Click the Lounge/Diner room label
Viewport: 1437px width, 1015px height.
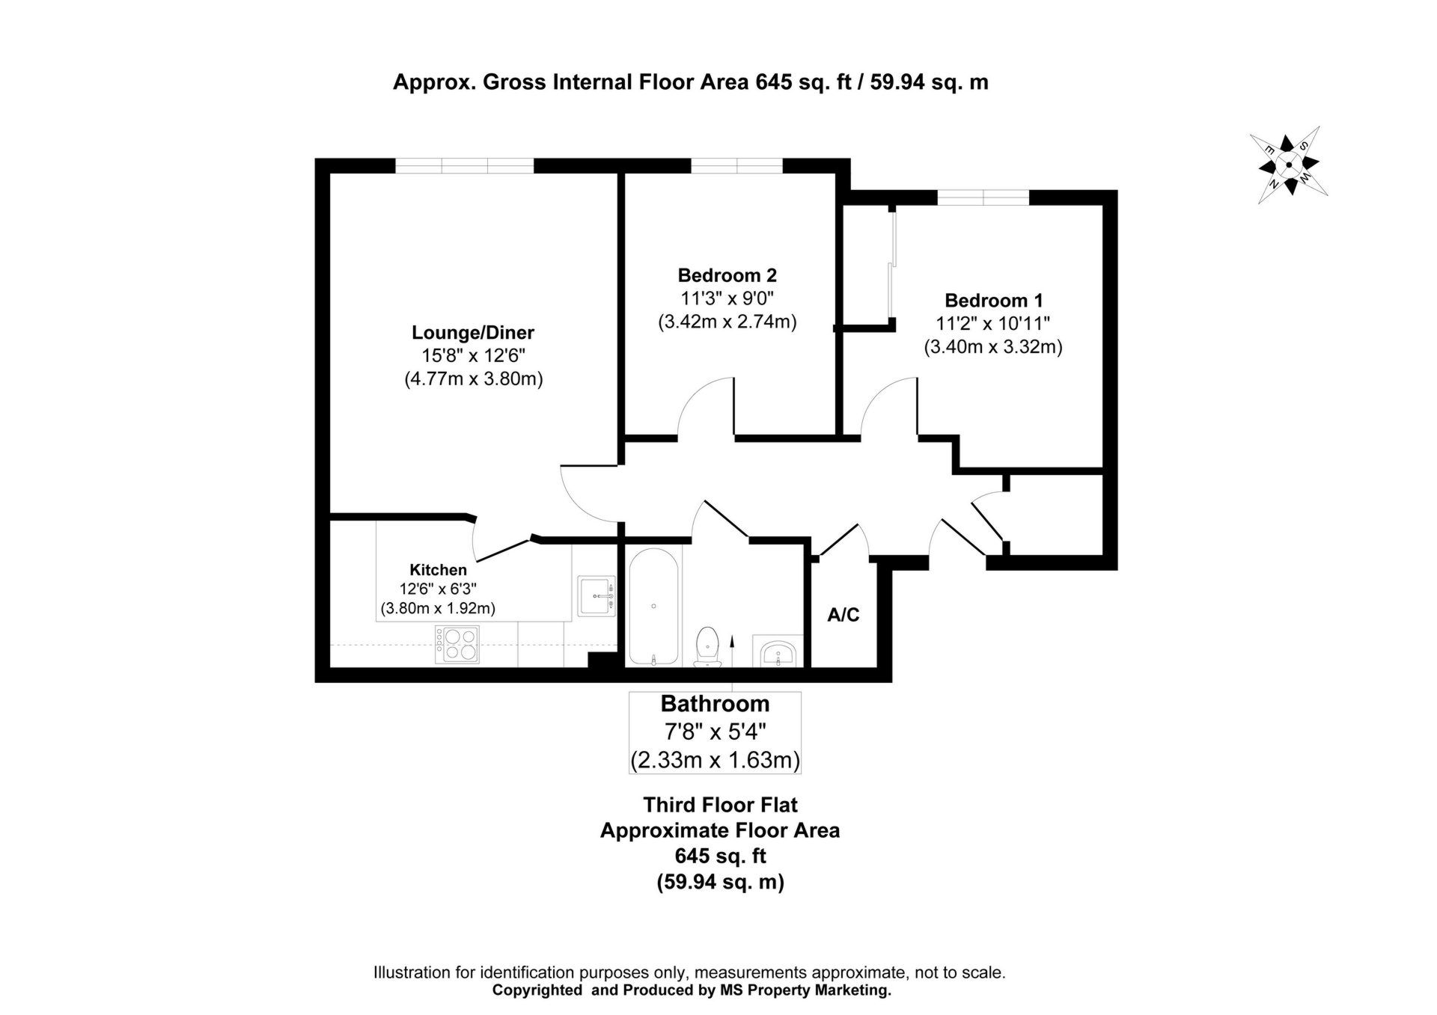click(473, 333)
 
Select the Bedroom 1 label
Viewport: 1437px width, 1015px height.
click(993, 301)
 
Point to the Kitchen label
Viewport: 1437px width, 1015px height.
click(438, 570)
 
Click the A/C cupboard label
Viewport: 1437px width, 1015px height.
click(843, 615)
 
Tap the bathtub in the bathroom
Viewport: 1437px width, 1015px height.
click(654, 607)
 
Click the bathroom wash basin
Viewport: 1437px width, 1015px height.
click(779, 653)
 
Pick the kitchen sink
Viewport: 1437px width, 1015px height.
click(597, 596)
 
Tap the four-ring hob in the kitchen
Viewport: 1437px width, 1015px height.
click(457, 645)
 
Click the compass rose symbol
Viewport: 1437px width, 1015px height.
click(1288, 165)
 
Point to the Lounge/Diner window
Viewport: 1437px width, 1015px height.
click(465, 165)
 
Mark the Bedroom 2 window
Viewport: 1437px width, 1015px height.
click(736, 165)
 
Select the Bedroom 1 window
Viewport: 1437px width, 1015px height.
click(983, 197)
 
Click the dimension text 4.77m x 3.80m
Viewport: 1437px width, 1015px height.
click(474, 379)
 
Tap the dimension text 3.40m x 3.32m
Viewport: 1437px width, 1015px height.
click(993, 347)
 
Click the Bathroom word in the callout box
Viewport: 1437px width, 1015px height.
click(716, 704)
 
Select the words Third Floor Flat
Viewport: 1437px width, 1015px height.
click(721, 805)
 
